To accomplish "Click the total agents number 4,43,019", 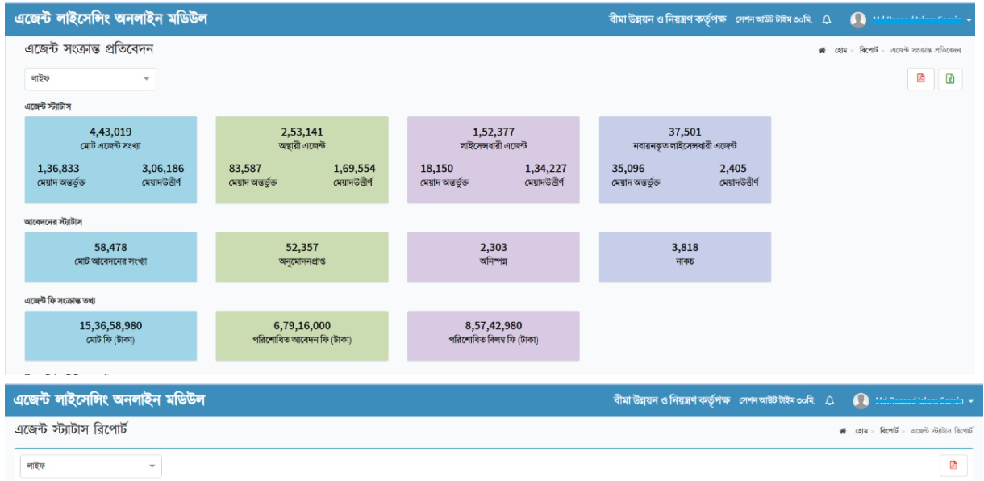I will click(x=110, y=132).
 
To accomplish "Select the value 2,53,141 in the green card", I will click(x=302, y=132).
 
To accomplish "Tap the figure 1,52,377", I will click(x=494, y=132).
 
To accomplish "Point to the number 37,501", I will click(x=685, y=132).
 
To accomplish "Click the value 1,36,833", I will click(x=60, y=169).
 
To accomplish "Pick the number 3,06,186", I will click(x=163, y=169).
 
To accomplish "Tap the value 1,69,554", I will click(x=354, y=169).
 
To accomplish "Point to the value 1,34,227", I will click(x=546, y=169).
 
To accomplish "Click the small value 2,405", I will click(x=736, y=169).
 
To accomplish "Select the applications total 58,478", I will click(x=110, y=248).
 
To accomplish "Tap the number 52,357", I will click(x=302, y=248).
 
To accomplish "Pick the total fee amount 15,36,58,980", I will click(x=110, y=325).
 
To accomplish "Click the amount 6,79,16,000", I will click(x=302, y=325).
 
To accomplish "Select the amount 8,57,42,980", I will click(x=494, y=325).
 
